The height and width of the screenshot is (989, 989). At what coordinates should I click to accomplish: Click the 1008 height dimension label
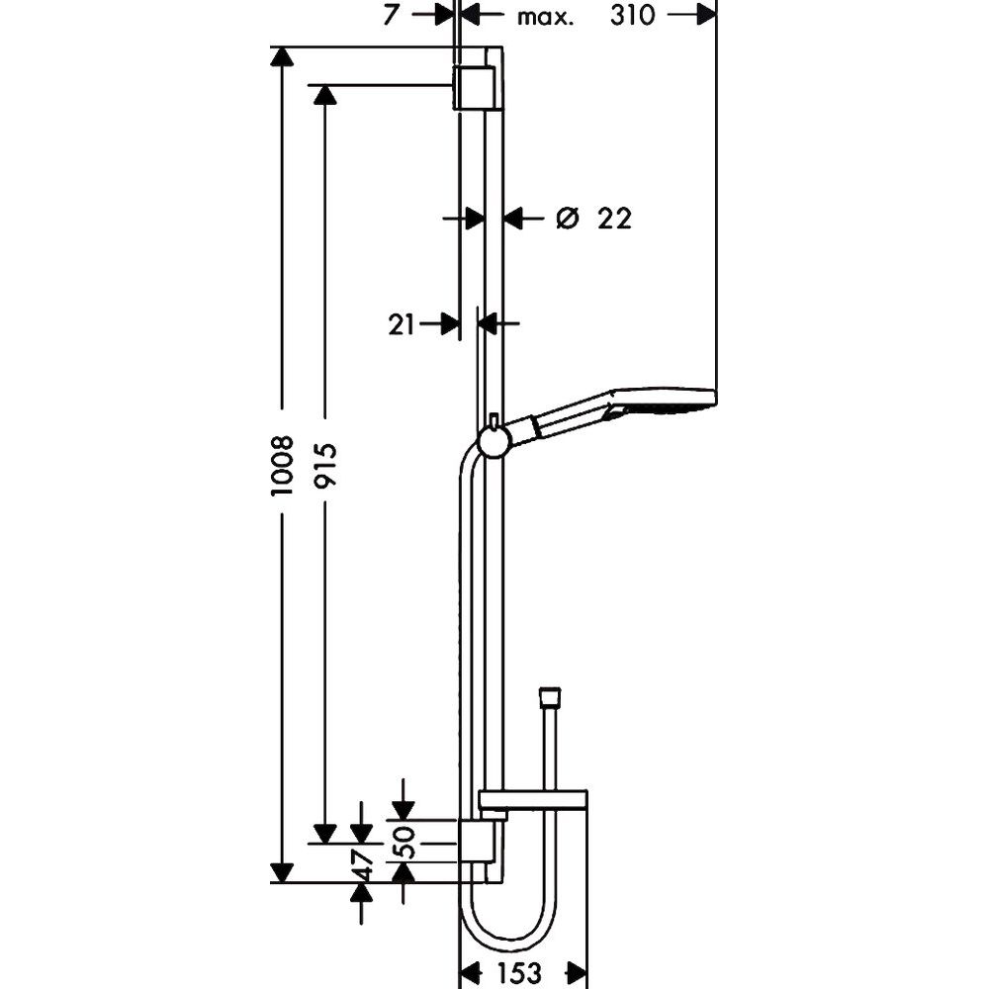click(282, 465)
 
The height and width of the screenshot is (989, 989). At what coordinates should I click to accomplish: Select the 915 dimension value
click(325, 465)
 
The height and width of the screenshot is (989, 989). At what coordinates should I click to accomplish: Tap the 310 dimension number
click(633, 15)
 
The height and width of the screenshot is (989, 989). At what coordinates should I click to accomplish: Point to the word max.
click(546, 17)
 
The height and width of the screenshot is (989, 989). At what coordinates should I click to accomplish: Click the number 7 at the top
click(391, 15)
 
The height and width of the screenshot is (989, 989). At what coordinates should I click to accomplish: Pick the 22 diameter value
click(614, 219)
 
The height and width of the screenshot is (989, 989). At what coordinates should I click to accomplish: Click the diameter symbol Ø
click(567, 219)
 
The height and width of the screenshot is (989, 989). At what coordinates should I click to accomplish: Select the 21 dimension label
click(402, 324)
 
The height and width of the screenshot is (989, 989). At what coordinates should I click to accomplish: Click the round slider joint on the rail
click(494, 440)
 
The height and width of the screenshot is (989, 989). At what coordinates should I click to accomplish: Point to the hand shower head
click(663, 403)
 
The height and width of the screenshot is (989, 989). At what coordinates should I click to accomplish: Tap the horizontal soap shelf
click(533, 800)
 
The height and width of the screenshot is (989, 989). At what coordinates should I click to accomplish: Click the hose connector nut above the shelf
click(550, 695)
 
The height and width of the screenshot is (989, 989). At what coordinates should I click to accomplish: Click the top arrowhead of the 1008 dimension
click(282, 56)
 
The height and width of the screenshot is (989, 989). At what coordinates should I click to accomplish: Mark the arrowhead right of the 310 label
click(706, 15)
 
